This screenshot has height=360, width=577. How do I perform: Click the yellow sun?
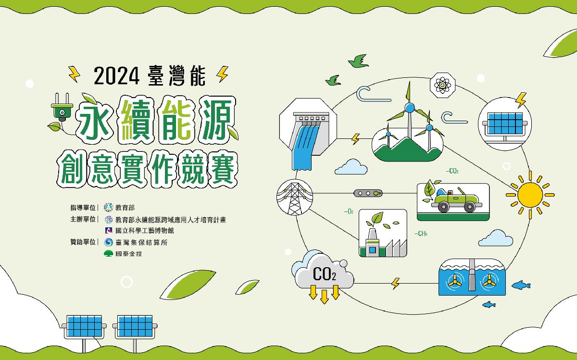tap(530, 195)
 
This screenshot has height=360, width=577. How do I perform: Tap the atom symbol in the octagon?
tap(442, 85)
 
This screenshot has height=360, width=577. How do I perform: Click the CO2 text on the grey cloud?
tap(324, 274)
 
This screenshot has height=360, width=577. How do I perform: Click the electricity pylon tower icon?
tap(295, 198)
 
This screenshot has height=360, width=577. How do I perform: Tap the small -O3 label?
tap(349, 211)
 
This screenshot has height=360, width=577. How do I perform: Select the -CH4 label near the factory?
tap(421, 234)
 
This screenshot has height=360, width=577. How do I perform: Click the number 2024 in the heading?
tap(116, 76)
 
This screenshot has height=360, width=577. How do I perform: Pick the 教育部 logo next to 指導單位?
tap(109, 207)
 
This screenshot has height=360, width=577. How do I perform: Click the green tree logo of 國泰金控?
tap(109, 253)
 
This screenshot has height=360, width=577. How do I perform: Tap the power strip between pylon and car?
tap(368, 193)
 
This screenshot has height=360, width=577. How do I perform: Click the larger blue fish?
tap(521, 285)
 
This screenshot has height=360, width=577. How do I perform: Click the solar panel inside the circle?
tap(505, 124)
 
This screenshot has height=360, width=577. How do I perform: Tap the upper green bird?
tap(358, 62)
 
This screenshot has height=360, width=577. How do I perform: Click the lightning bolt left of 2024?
tap(74, 74)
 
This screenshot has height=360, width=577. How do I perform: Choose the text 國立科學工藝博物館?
tap(145, 230)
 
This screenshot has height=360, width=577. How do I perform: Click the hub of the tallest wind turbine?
tap(410, 108)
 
